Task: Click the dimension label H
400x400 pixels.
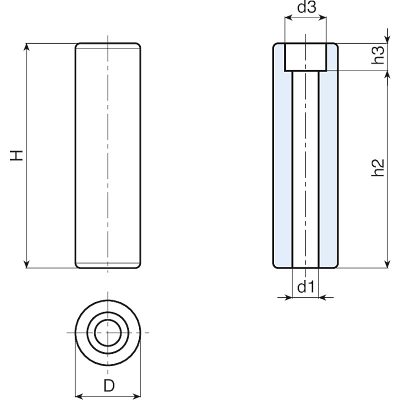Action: click(x=18, y=155)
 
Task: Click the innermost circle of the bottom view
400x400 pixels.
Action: click(x=107, y=332)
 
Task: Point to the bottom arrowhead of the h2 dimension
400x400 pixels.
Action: click(x=387, y=263)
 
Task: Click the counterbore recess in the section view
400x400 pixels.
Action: click(x=305, y=56)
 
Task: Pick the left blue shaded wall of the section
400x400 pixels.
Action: click(x=282, y=165)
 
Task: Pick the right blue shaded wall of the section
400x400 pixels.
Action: click(x=328, y=165)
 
